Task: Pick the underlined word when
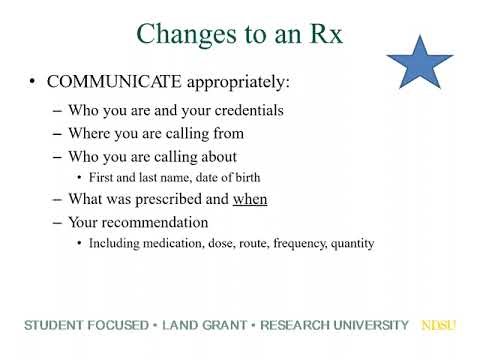pos(250,199)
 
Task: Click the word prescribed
pos(173,199)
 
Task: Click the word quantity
pos(350,243)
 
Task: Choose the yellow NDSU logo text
pos(437,326)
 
